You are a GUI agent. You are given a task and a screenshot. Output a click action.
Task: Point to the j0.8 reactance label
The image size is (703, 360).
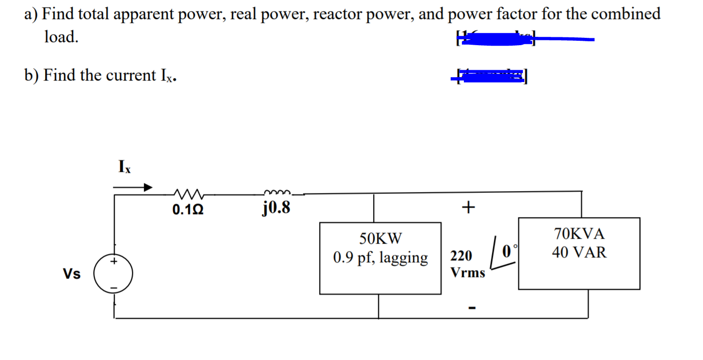(x=276, y=209)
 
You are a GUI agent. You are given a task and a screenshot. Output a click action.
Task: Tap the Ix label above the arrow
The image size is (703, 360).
(x=124, y=167)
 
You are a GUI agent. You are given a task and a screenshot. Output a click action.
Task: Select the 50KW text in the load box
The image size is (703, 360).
(x=380, y=239)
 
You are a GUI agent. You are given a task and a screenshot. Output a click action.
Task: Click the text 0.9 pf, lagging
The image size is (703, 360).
(x=380, y=257)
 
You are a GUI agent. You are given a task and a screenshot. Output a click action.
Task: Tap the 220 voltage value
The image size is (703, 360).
(x=461, y=256)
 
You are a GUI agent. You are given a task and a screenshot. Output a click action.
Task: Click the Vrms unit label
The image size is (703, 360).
(x=468, y=273)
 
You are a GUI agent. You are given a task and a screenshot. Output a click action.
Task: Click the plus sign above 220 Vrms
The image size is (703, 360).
(x=469, y=208)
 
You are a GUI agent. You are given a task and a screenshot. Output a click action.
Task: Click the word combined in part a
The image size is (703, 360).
(x=626, y=13)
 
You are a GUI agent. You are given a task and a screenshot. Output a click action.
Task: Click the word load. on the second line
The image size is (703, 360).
(x=61, y=37)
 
